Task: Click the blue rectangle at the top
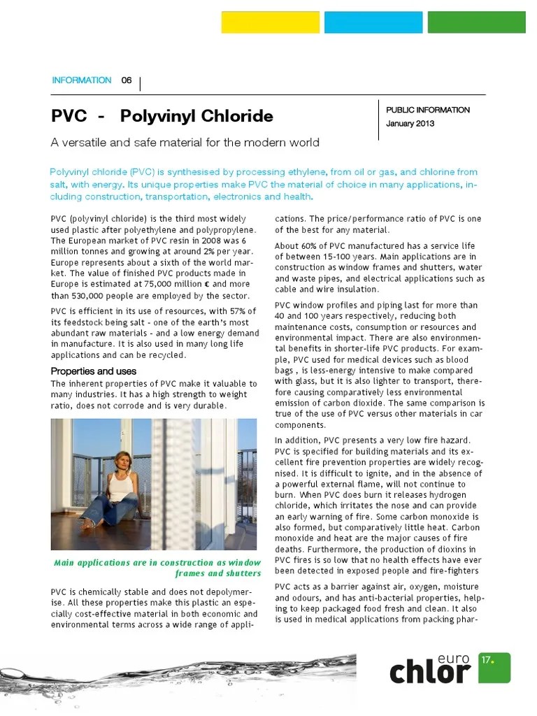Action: coord(373,22)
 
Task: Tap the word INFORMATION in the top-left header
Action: coord(82,80)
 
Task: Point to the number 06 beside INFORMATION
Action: coord(127,80)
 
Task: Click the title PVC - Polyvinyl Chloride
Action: coord(162,115)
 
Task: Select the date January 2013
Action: coord(410,124)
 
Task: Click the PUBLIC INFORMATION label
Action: coord(428,110)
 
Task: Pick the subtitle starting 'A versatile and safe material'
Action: coord(185,143)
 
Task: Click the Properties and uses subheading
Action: coord(94,371)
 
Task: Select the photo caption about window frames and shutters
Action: coord(157,568)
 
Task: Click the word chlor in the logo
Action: coord(429,672)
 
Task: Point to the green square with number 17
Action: coord(494,667)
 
